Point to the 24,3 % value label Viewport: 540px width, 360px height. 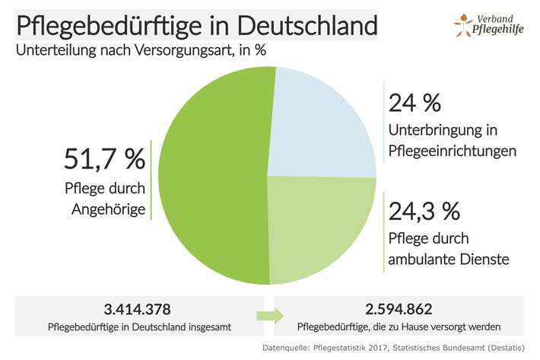coord(427,209)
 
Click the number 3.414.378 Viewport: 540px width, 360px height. coord(137,310)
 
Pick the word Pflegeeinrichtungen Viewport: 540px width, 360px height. coord(453,151)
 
